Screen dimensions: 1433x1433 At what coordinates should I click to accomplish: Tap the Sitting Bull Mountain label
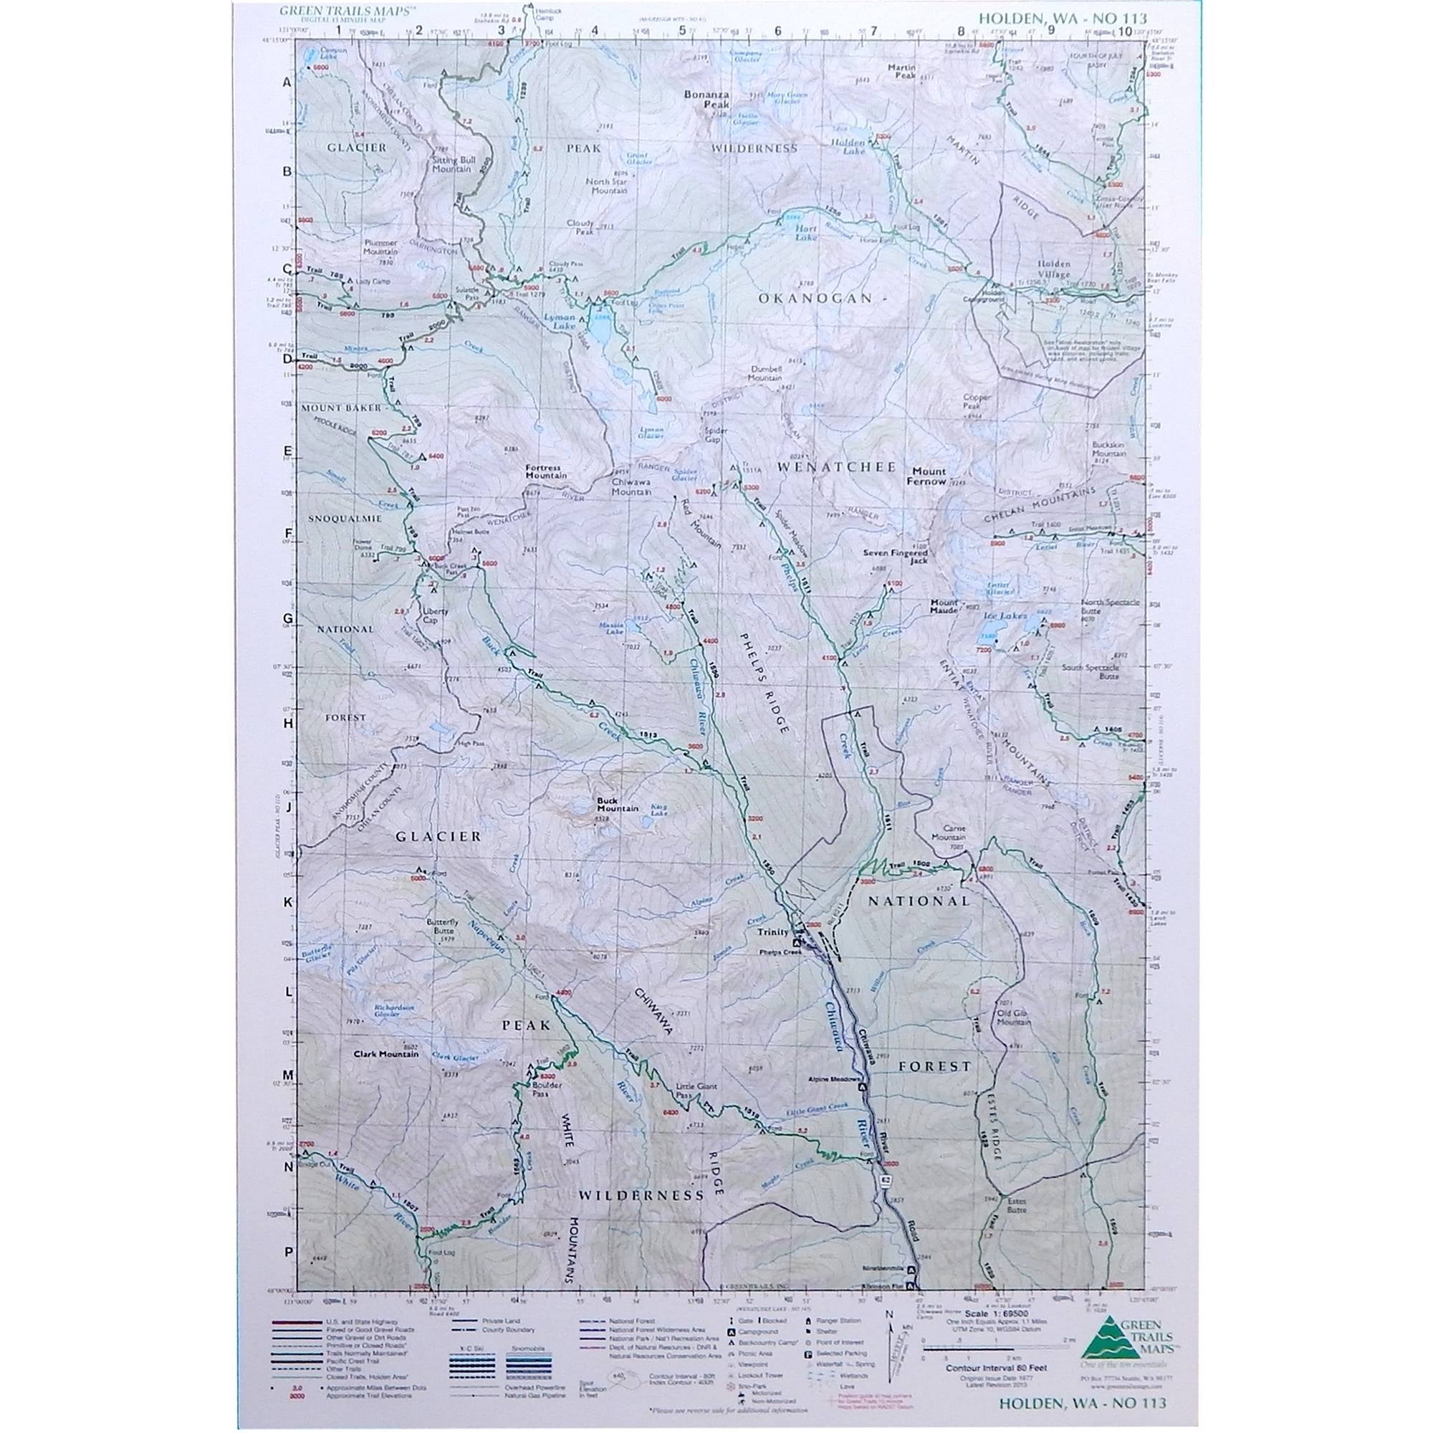[x=451, y=164]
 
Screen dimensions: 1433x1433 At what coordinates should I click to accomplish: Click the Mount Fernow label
[x=929, y=476]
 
